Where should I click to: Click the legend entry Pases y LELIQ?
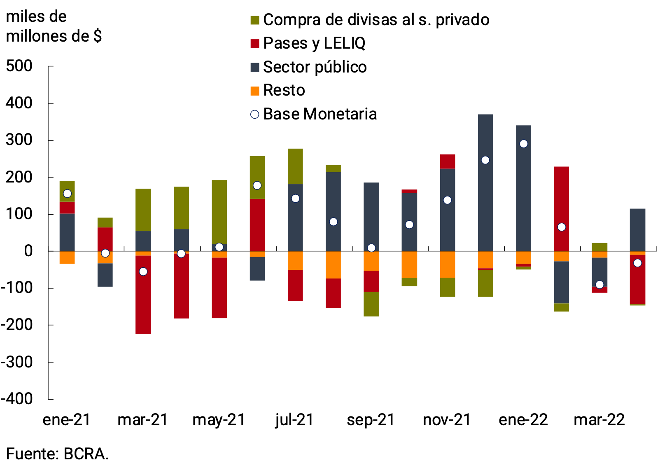(x=314, y=43)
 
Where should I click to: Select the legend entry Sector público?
(x=315, y=67)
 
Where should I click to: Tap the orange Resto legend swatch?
(x=255, y=91)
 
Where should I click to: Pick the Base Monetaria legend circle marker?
(x=255, y=115)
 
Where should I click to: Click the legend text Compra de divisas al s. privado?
(x=376, y=20)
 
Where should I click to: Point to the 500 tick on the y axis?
(x=19, y=66)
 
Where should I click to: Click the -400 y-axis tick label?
(x=17, y=398)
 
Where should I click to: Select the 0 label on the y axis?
(x=28, y=250)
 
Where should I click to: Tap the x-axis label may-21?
(x=219, y=420)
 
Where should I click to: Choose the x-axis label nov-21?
(x=447, y=420)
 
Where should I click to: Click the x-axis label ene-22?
(x=523, y=420)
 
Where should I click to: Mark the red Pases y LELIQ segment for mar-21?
(x=143, y=295)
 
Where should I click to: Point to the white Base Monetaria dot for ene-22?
(x=523, y=144)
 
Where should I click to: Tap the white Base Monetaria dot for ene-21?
(x=67, y=194)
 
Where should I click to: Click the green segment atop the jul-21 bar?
(x=295, y=166)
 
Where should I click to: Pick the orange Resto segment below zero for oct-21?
(x=409, y=264)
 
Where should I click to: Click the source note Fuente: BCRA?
(x=57, y=454)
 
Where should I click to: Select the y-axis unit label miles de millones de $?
(x=54, y=26)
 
